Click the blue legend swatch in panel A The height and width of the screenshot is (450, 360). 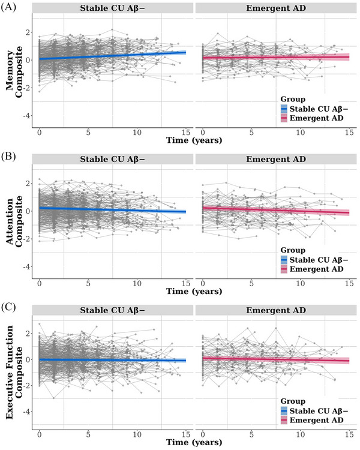(284, 109)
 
